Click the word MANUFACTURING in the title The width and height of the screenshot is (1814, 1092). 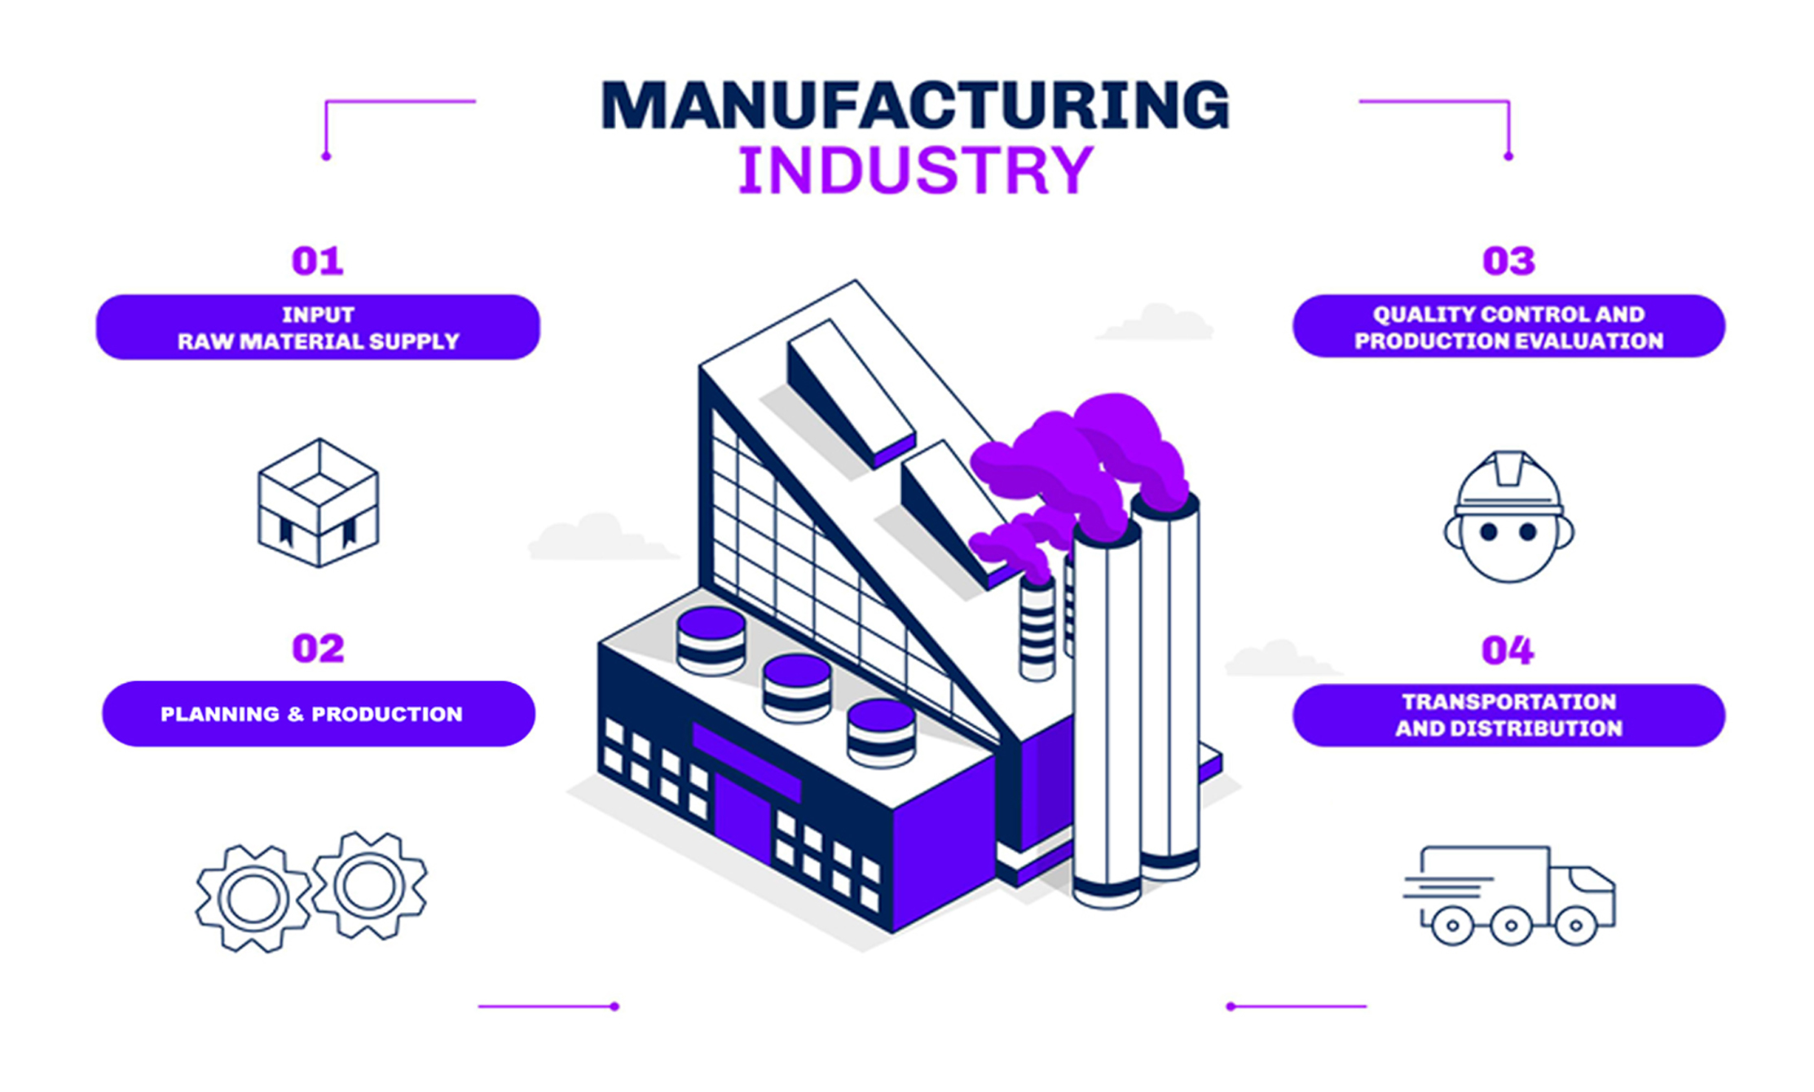tap(914, 105)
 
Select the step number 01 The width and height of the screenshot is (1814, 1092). tap(317, 262)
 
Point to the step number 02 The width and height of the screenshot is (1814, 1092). tap(318, 649)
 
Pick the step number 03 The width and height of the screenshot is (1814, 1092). tap(1508, 262)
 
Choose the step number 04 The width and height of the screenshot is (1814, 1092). tap(1508, 650)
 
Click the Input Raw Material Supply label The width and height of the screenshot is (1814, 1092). tap(318, 328)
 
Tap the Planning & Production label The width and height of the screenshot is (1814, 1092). tap(318, 714)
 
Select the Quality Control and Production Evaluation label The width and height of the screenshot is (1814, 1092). tap(1508, 327)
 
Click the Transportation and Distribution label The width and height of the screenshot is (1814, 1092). tap(1508, 715)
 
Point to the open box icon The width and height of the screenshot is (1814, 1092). tap(318, 503)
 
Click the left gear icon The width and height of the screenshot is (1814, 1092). tap(253, 898)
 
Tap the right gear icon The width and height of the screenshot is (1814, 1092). tap(369, 886)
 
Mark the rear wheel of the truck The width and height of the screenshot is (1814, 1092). tap(1452, 927)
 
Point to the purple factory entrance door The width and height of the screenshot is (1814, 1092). tap(742, 815)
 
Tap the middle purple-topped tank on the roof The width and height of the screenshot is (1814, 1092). tap(796, 686)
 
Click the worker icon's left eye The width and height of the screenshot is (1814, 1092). tap(1489, 532)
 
